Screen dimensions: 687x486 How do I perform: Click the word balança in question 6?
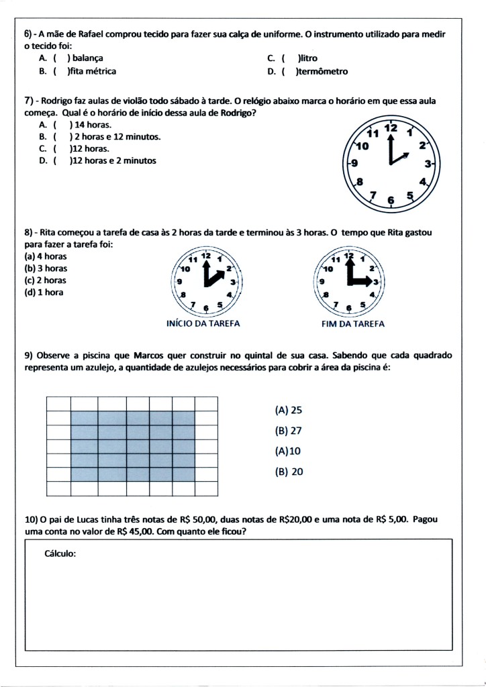[x=88, y=58]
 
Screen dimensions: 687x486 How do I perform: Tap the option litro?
[x=309, y=58]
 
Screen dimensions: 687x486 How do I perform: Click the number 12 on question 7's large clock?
[x=391, y=128]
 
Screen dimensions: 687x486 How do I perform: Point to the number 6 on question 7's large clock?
[x=391, y=199]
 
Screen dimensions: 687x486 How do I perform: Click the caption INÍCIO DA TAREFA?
[x=203, y=323]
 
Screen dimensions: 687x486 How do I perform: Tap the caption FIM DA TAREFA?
[x=348, y=323]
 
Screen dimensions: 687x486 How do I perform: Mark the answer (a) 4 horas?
[x=46, y=256]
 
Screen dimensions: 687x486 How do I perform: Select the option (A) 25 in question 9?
[x=289, y=410]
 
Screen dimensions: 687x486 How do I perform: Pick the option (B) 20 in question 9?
[x=289, y=472]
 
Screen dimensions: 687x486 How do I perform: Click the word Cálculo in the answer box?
[x=60, y=554]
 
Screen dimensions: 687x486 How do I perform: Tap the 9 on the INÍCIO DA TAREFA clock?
[x=179, y=282]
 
